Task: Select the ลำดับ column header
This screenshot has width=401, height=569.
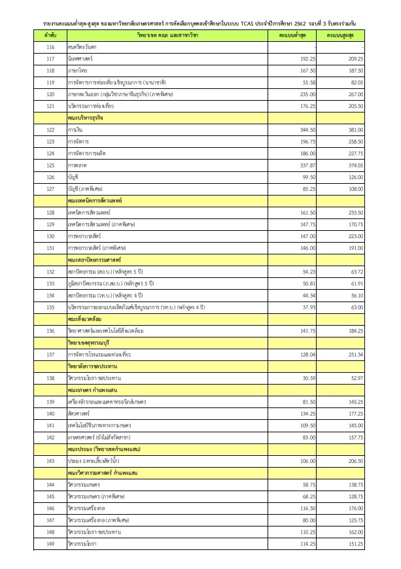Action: pyautogui.click(x=50, y=33)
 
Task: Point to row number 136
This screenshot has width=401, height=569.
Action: pyautogui.click(x=50, y=330)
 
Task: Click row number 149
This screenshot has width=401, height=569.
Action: pyautogui.click(x=50, y=543)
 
